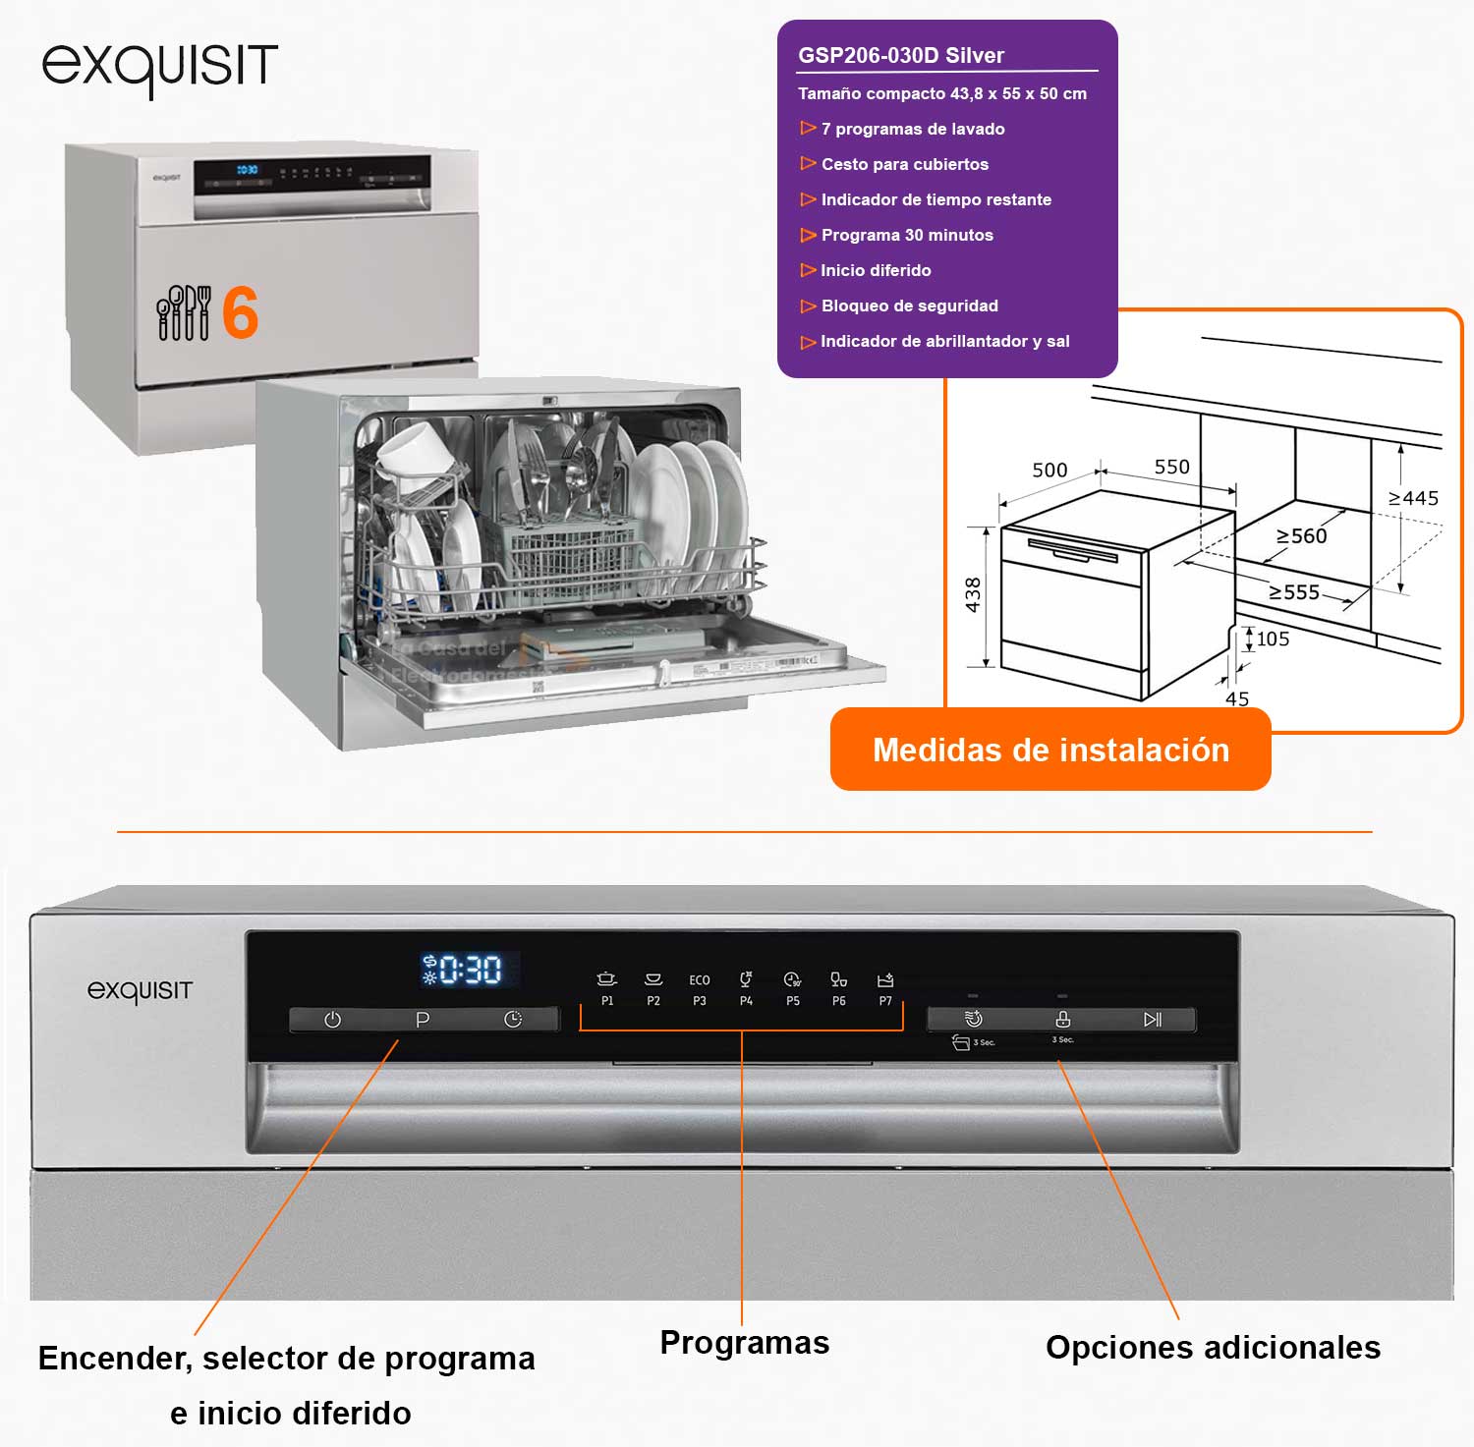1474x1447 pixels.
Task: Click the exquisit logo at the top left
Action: [159, 68]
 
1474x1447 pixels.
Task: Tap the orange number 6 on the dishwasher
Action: [241, 312]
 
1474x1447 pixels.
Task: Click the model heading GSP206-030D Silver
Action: [900, 55]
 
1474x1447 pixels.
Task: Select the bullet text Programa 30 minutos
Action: [906, 235]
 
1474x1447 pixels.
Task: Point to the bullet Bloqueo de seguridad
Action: [909, 306]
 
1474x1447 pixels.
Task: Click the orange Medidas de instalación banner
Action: [1050, 750]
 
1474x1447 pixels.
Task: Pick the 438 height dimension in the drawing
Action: [973, 594]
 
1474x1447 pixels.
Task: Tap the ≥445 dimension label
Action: [1413, 498]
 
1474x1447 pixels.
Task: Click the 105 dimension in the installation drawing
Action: [1273, 639]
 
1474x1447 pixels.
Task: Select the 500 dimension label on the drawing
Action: [1049, 470]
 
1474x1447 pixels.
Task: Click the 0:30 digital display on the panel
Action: [470, 970]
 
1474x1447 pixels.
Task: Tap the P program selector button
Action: [423, 1020]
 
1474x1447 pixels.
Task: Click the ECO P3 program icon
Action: [699, 989]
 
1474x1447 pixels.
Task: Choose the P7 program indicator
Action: [884, 989]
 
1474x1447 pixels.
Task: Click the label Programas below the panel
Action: [744, 1342]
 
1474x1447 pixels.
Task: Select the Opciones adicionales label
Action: [1213, 1347]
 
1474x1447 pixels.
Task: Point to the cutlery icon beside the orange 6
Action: [184, 312]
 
